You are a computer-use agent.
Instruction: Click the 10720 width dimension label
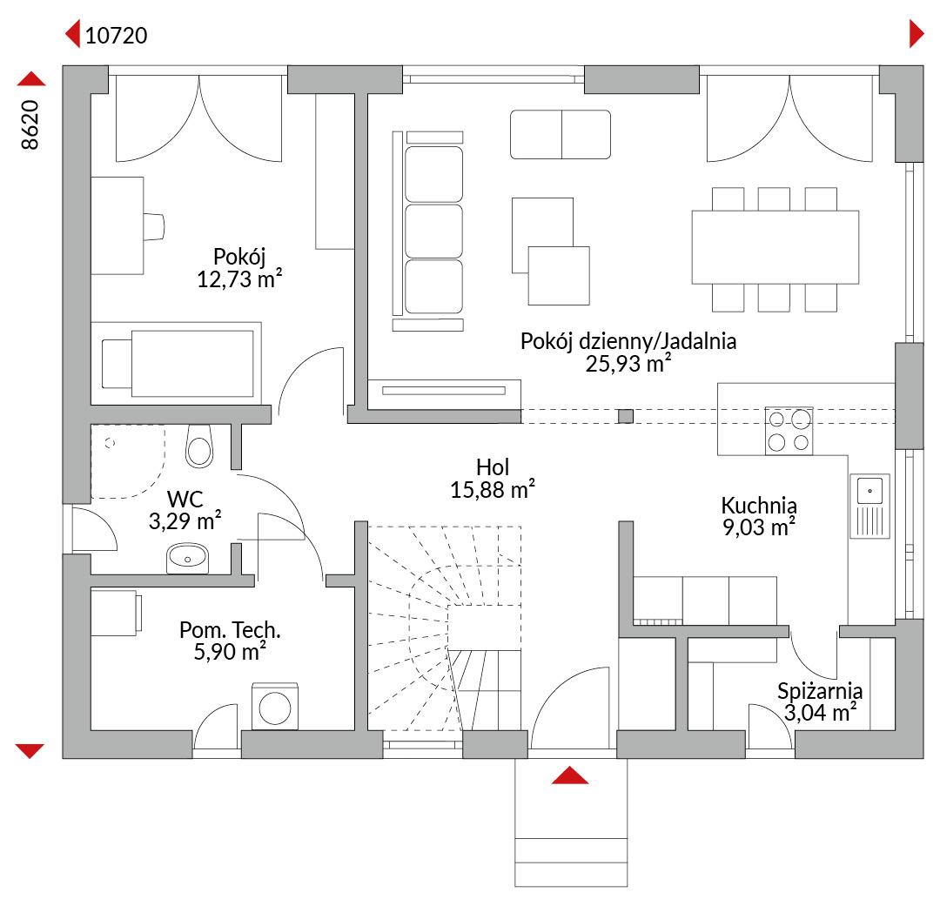117,36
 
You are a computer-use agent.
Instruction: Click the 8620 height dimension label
30,124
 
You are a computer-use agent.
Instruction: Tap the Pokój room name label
239,257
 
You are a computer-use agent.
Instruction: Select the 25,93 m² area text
628,364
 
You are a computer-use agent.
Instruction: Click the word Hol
493,467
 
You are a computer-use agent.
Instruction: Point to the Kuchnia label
759,506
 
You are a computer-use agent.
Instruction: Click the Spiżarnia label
820,691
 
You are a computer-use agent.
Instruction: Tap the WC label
185,499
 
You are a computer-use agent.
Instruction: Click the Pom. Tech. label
230,629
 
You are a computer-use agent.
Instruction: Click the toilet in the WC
199,446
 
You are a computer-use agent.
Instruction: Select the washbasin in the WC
187,559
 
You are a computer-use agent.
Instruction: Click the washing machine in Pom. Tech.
274,707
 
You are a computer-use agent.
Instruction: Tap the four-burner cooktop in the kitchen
789,430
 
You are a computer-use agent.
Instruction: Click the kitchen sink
869,506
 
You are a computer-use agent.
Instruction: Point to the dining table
775,247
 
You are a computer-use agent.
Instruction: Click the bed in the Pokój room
176,364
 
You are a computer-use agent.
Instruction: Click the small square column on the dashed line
625,415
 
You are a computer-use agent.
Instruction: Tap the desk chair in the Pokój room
153,226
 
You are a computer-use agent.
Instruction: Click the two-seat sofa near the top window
561,134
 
